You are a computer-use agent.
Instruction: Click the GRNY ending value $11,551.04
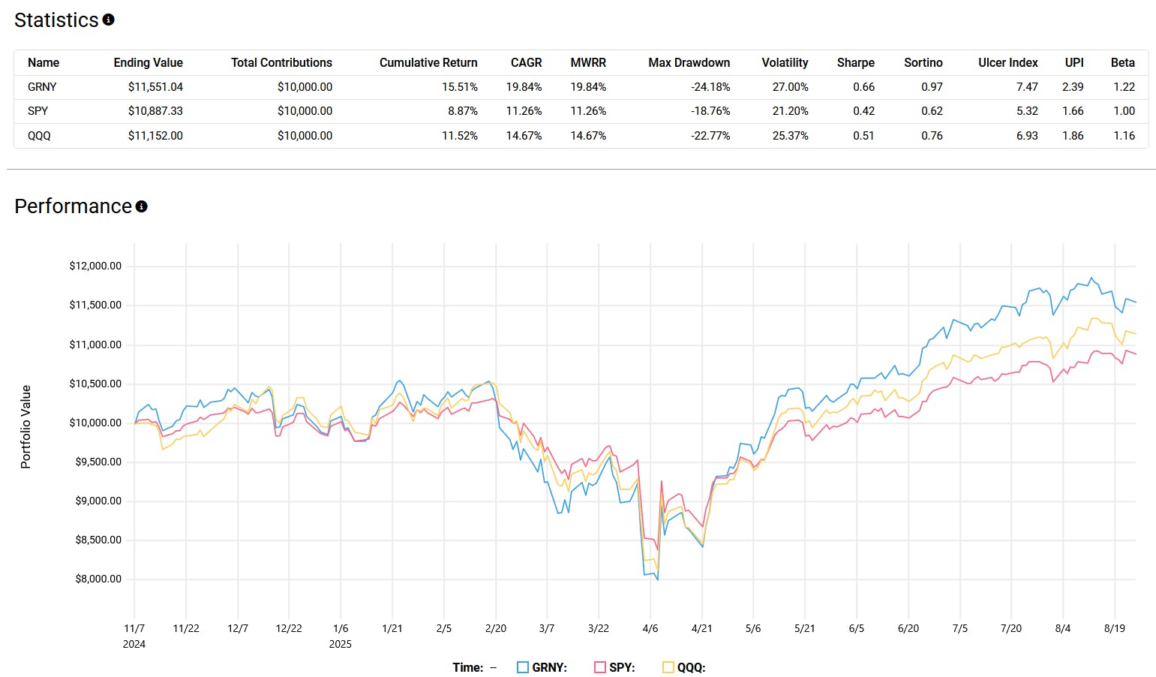click(x=155, y=87)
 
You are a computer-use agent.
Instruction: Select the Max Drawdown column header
click(x=689, y=63)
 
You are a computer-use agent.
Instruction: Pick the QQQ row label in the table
click(x=39, y=136)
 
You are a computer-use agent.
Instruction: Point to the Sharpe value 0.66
click(x=863, y=87)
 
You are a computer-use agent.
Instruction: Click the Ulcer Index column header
click(x=1007, y=63)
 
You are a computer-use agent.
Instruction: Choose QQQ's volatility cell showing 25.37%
click(x=790, y=136)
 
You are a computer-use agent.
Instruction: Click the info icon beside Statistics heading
click(x=109, y=20)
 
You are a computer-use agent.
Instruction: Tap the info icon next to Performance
click(x=142, y=206)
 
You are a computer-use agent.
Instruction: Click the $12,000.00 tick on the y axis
click(x=95, y=266)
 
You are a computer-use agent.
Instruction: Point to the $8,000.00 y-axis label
click(x=98, y=579)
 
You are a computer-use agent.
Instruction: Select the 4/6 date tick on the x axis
click(x=650, y=628)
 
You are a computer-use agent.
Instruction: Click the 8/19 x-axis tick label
click(x=1114, y=628)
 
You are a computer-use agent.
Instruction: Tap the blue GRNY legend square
click(x=523, y=667)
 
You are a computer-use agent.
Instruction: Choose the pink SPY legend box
click(x=599, y=667)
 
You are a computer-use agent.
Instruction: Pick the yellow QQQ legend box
click(x=668, y=667)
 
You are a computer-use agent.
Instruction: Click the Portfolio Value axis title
click(x=26, y=426)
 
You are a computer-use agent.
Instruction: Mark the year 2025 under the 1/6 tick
click(x=340, y=644)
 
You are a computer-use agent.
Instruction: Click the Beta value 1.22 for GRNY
click(x=1124, y=87)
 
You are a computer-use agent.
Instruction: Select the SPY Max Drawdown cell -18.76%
click(x=710, y=111)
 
